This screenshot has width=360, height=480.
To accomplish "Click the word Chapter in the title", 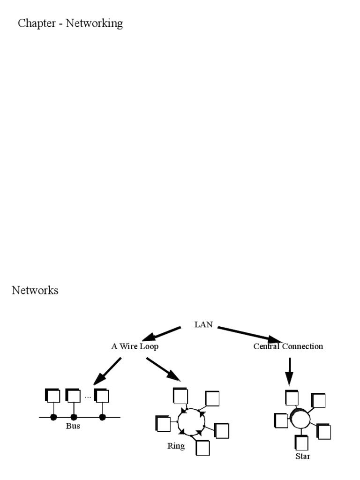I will click(37, 23).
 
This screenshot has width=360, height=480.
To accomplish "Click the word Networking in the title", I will click(94, 23).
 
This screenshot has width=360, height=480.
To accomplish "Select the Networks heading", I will click(35, 290).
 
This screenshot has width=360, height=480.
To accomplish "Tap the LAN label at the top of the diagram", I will click(203, 324).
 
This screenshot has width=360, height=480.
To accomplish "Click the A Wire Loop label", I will click(135, 346).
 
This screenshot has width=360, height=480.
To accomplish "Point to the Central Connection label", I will click(288, 346).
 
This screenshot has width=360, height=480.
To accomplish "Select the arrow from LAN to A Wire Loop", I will click(161, 334).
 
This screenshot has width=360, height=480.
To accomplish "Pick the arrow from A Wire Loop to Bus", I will click(108, 371).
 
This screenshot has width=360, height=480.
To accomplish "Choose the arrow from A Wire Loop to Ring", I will click(163, 369).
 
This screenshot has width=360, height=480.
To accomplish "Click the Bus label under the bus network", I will click(73, 426).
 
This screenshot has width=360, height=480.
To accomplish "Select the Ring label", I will click(176, 446).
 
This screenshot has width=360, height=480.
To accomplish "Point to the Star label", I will click(302, 456).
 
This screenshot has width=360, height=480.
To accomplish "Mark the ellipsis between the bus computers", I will click(88, 397).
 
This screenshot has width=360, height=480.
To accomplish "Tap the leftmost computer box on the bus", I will click(53, 396).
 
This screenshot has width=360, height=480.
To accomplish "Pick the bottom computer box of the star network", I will click(302, 443).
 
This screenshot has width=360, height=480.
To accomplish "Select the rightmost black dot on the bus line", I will click(103, 417).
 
